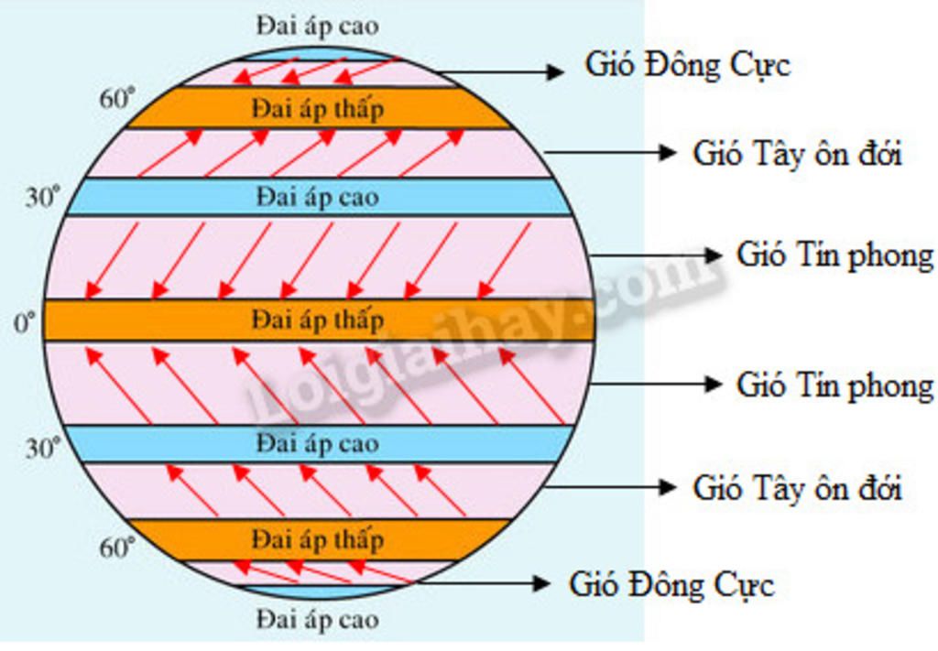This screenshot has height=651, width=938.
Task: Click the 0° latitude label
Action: click(x=23, y=322)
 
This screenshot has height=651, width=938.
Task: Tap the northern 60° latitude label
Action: click(x=117, y=99)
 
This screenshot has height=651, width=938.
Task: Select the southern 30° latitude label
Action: click(x=42, y=448)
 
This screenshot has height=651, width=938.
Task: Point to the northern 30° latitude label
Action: click(x=42, y=197)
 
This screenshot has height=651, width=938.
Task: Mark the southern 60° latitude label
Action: click(x=117, y=548)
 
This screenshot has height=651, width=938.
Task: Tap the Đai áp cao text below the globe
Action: click(x=317, y=619)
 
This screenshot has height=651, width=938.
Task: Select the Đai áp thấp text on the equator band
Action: click(x=317, y=320)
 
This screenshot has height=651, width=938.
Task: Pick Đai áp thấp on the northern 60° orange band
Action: click(x=317, y=109)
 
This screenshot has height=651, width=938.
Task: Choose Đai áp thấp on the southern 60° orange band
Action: click(x=317, y=538)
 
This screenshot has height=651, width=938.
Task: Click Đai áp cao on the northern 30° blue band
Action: click(x=317, y=197)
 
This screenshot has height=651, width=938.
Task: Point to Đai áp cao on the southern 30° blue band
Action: click(x=317, y=444)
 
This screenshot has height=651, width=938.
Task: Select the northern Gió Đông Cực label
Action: click(x=687, y=65)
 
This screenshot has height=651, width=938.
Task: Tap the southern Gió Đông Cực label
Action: click(x=671, y=584)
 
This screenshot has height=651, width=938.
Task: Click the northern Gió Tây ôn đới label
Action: click(x=797, y=153)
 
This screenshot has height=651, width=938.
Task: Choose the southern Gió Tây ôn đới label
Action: click(x=797, y=487)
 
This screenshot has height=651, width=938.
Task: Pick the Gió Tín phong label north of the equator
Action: click(x=834, y=255)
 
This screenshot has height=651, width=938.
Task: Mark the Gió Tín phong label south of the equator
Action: click(x=834, y=385)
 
